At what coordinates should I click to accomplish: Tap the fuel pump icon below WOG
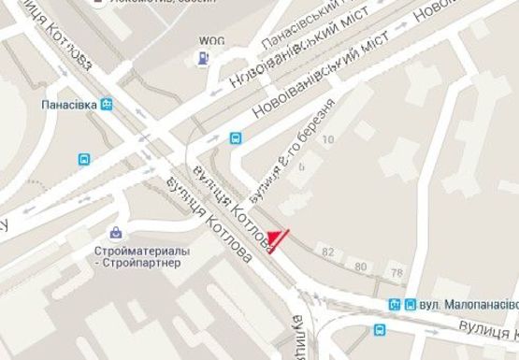(202, 59)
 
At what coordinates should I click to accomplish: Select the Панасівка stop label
(68, 105)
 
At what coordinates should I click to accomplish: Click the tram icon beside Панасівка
(107, 105)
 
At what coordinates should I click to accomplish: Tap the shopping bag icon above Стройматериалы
(116, 231)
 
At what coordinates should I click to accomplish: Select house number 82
(327, 252)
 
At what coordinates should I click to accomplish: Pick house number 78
(397, 272)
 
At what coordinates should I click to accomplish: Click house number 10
(327, 139)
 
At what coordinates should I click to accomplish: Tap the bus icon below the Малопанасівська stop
(379, 329)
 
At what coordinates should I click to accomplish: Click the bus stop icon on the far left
(85, 160)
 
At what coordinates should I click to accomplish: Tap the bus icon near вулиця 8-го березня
(236, 138)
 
